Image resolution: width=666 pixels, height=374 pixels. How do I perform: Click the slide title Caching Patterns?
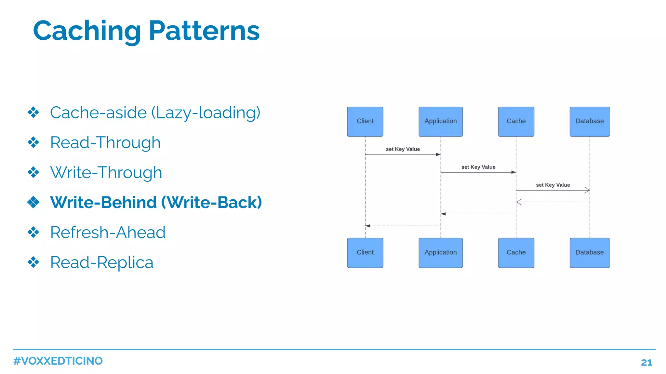click(146, 31)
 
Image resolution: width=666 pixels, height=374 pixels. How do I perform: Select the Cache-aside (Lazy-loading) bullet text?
click(155, 113)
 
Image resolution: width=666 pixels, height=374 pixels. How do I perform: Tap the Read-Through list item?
click(105, 143)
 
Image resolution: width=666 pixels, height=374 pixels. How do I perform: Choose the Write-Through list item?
click(106, 173)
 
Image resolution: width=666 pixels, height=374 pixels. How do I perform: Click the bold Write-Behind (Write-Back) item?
click(156, 203)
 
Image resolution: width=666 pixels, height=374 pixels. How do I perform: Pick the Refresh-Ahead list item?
click(108, 233)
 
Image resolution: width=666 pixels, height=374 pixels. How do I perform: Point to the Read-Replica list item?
click(101, 262)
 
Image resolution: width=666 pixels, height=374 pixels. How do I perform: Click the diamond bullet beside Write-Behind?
click(33, 202)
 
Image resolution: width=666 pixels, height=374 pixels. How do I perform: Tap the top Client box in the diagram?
click(365, 121)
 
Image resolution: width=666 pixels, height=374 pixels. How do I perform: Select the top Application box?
click(440, 121)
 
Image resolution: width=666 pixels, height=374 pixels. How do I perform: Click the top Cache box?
click(516, 121)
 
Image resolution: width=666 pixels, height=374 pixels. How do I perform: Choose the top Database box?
click(589, 121)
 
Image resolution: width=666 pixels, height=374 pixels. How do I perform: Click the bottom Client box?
click(365, 253)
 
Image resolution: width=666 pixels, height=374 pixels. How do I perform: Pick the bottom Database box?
click(589, 253)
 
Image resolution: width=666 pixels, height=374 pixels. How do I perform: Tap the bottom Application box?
click(440, 253)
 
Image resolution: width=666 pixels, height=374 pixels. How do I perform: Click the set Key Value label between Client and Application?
click(403, 149)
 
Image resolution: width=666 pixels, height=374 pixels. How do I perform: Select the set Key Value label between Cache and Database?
click(553, 185)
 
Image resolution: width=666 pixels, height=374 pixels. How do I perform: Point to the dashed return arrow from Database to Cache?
click(553, 202)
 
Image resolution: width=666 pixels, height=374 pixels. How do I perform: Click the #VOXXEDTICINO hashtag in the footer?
click(58, 361)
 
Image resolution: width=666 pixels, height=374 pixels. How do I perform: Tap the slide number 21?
click(646, 363)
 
